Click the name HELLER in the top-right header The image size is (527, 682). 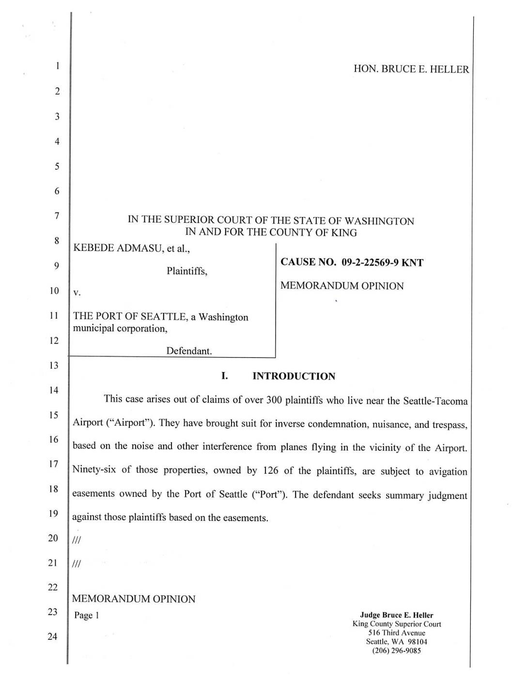[450, 69]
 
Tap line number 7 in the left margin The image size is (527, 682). [57, 215]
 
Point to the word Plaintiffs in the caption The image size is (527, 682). [186, 271]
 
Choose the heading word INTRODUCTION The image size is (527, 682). [294, 376]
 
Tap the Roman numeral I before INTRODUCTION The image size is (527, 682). [224, 376]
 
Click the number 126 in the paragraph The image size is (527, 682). [271, 470]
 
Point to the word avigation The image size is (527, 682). [448, 471]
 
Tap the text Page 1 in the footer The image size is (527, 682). [86, 616]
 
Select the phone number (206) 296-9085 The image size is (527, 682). [396, 651]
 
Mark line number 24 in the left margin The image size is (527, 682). [53, 636]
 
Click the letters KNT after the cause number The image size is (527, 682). [413, 263]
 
